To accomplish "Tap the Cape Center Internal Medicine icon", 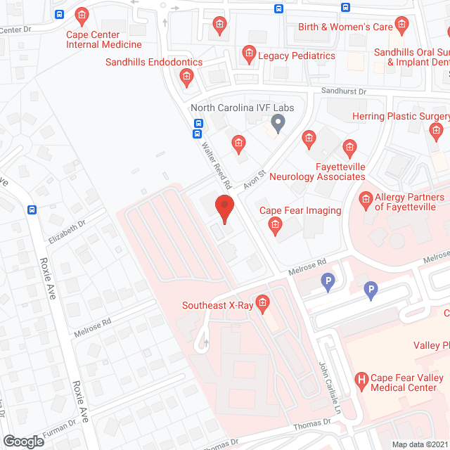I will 82,14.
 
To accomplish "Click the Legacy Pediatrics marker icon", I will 248,53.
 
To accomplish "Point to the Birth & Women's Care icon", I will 401,27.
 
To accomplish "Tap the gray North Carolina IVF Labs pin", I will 278,124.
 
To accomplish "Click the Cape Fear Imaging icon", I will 276,225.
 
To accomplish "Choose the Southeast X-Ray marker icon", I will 263,304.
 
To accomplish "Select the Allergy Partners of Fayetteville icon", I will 366,202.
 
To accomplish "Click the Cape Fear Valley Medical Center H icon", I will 361,382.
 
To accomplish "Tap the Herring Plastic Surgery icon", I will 437,130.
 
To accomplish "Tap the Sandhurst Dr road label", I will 345,91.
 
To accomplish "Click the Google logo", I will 23,441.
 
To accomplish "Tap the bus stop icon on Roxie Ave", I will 32,210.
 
